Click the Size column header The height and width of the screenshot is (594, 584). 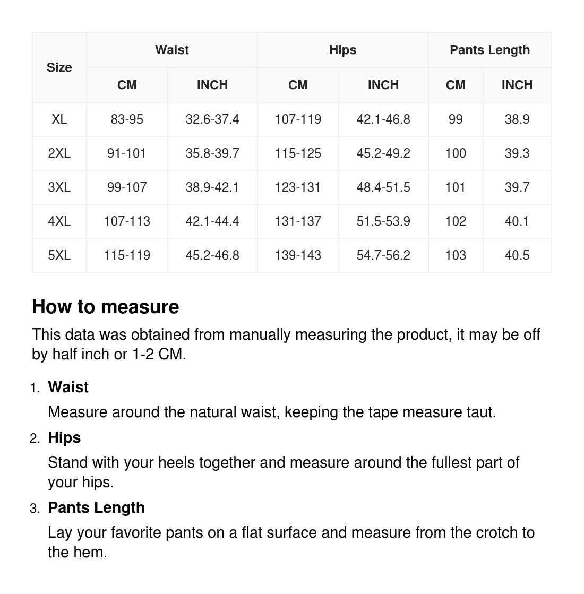[x=59, y=67]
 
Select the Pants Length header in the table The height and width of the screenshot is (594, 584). [x=489, y=50]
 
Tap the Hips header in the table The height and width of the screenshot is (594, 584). [x=342, y=50]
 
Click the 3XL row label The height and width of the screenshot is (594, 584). [x=59, y=187]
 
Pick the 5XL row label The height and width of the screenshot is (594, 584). [x=59, y=255]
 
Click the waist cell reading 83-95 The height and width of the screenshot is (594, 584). [x=127, y=119]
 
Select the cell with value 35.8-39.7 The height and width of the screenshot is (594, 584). [x=212, y=153]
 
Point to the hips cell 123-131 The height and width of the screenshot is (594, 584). [x=298, y=187]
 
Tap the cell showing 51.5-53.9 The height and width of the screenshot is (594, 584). [x=383, y=221]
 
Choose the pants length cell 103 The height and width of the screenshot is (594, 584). [x=456, y=255]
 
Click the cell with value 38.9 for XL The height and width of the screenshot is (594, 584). [x=517, y=119]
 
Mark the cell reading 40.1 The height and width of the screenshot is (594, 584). [x=517, y=221]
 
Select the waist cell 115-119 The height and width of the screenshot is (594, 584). [x=127, y=255]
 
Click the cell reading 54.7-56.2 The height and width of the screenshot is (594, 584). [x=383, y=255]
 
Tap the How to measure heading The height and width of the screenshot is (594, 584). [x=106, y=307]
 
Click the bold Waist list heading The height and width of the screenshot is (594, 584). [x=68, y=387]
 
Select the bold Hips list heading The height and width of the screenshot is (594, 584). [x=64, y=437]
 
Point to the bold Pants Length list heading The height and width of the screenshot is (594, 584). [x=96, y=507]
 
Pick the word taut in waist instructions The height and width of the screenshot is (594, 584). [x=481, y=412]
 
